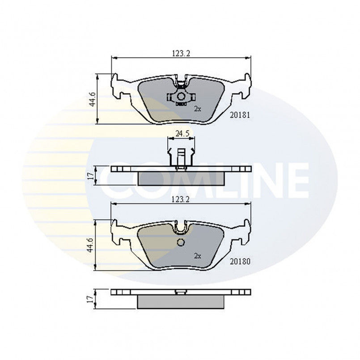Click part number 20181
pyautogui.click(x=240, y=115)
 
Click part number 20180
pyautogui.click(x=240, y=262)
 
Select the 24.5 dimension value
pyautogui.click(x=182, y=134)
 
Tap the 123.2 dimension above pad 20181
pyautogui.click(x=181, y=53)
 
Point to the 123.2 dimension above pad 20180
pyautogui.click(x=181, y=199)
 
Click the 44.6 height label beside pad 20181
pyautogui.click(x=92, y=99)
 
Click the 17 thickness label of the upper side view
pyautogui.click(x=91, y=175)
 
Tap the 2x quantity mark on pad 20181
pyautogui.click(x=198, y=109)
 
